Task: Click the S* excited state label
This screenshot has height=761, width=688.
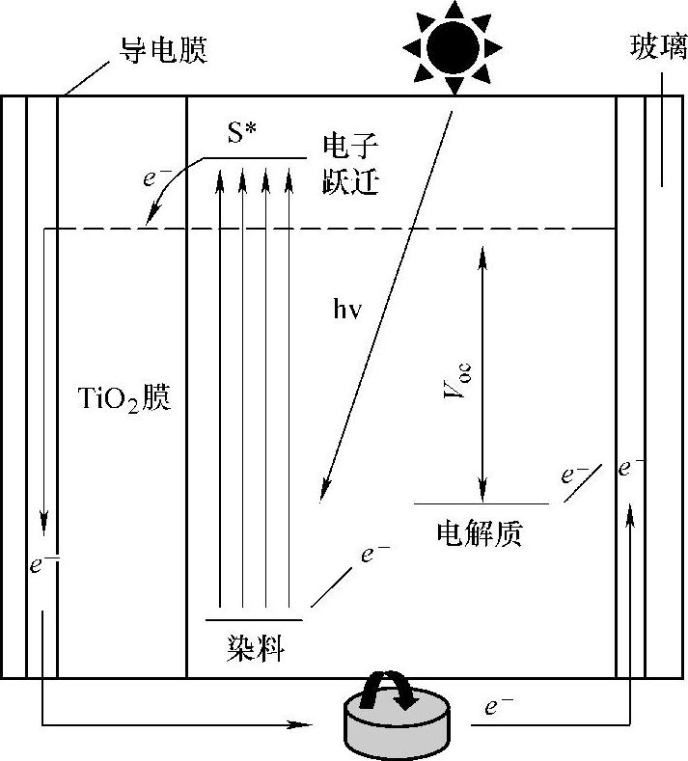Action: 243,135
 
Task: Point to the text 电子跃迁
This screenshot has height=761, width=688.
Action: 350,163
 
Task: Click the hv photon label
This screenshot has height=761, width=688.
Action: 344,312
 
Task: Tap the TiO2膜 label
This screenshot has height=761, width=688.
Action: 123,397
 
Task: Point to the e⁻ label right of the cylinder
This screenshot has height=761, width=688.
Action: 497,707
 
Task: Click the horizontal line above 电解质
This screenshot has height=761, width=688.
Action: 481,503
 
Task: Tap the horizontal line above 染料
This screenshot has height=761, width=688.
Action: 255,620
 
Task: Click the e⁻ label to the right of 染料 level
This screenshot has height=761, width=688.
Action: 374,554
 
